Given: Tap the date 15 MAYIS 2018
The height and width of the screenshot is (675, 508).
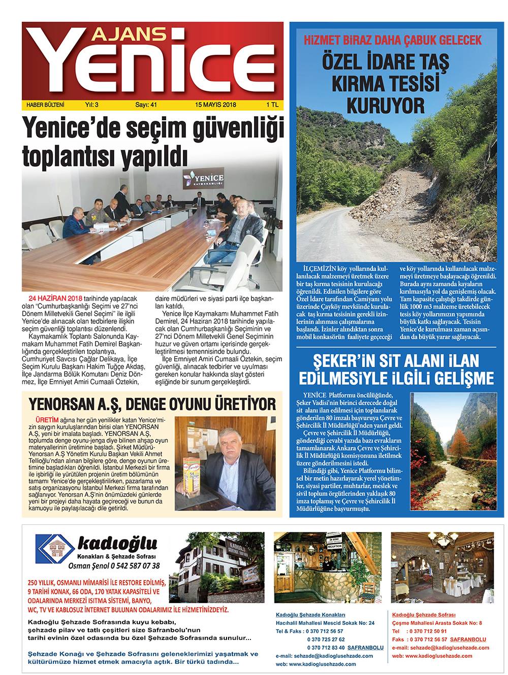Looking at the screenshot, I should pos(213,105).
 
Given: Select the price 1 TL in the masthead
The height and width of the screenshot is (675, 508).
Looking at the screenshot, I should pos(272,105).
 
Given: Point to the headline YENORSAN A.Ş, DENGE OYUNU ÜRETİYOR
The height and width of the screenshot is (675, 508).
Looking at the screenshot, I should pos(152,404).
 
